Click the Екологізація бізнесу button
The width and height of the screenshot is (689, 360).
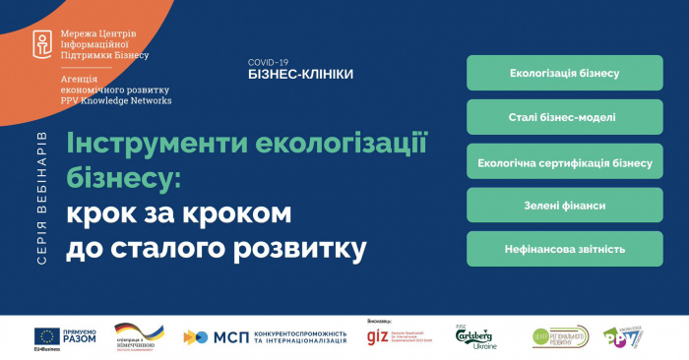pyautogui.click(x=564, y=74)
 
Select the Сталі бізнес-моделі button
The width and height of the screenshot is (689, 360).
pyautogui.click(x=564, y=118)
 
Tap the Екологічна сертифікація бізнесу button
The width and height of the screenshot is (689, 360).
pyautogui.click(x=564, y=162)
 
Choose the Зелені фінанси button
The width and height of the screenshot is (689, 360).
pyautogui.click(x=564, y=206)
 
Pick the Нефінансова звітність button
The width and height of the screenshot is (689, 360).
pyautogui.click(x=564, y=249)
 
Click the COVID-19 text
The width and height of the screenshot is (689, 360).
pyautogui.click(x=270, y=61)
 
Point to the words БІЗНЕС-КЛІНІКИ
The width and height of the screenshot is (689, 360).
pyautogui.click(x=300, y=74)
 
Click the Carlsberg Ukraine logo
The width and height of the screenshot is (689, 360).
pyautogui.click(x=475, y=337)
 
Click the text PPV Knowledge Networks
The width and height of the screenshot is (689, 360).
pyautogui.click(x=116, y=100)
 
